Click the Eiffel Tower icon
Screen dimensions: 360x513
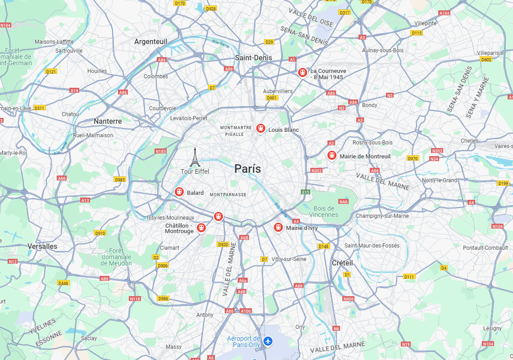pos(195,157)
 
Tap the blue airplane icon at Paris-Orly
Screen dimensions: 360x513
pos(268,341)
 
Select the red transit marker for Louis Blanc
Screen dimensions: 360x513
pos(260,129)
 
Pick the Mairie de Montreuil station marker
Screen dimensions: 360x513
pos(332,155)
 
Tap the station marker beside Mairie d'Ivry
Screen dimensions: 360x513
pos(278,227)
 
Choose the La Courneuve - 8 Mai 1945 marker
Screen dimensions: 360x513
pos(302,72)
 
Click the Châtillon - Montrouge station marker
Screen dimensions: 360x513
pos(201,228)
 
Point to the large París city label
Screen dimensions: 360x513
pos(247,169)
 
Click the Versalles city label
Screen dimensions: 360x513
pos(42,246)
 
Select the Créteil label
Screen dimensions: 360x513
pos(342,263)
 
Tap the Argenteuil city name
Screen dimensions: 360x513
pos(150,41)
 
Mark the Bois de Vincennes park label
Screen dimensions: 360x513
pos(324,211)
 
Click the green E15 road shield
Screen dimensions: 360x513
pos(306,192)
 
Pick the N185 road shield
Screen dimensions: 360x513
pos(160,151)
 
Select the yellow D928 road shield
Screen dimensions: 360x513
pos(210,9)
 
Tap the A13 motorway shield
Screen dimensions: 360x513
pos(85,200)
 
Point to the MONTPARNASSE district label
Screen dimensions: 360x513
pos(228,194)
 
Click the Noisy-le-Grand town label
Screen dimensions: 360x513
pos(439,180)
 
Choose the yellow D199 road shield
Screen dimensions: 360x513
pos(504,183)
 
